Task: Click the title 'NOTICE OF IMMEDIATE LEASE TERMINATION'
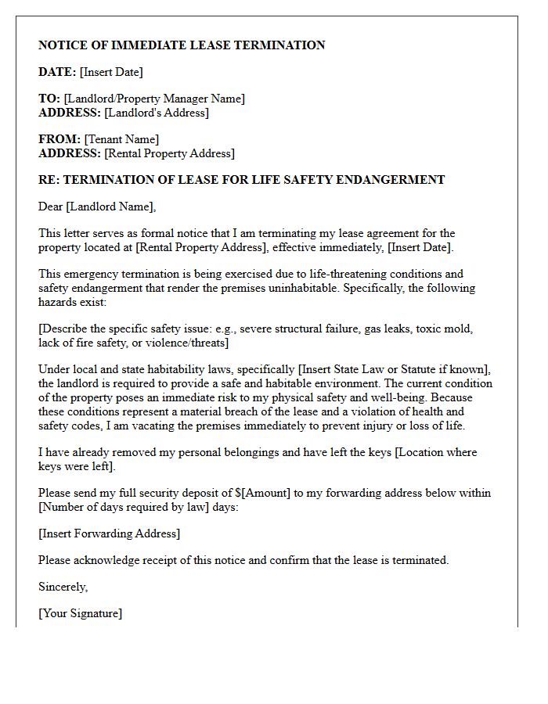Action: [x=182, y=45]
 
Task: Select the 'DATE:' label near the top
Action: [x=57, y=72]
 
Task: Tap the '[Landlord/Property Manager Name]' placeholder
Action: [x=154, y=99]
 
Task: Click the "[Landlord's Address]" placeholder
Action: [x=157, y=113]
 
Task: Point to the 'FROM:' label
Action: [x=59, y=139]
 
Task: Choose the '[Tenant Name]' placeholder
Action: [x=121, y=139]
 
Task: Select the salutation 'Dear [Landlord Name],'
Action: [x=97, y=207]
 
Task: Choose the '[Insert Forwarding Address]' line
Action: [x=109, y=533]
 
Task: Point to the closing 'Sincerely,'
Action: [x=63, y=587]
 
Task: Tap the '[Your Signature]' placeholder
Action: [x=80, y=613]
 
